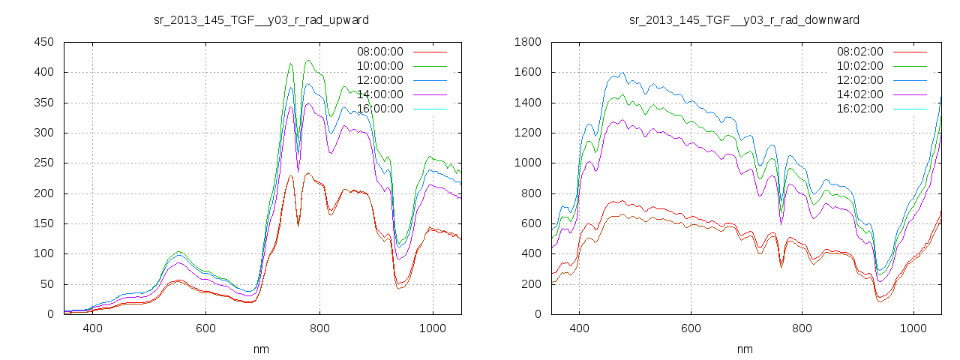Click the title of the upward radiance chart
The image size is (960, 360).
click(x=260, y=19)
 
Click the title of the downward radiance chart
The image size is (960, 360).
click(x=744, y=19)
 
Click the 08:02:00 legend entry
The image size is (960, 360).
click(x=859, y=52)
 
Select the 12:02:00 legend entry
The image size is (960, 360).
click(x=859, y=80)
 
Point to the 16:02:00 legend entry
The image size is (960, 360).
click(x=859, y=109)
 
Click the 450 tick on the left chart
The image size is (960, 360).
click(x=43, y=43)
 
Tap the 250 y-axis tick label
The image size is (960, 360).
click(x=43, y=163)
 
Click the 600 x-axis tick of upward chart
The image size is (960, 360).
click(x=206, y=328)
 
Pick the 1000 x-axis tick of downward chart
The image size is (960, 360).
click(x=913, y=328)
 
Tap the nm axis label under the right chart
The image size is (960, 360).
click(x=745, y=349)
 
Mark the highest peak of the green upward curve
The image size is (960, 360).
click(x=308, y=61)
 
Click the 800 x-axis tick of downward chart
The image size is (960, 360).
click(x=802, y=328)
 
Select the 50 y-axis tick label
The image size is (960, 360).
click(x=46, y=284)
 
